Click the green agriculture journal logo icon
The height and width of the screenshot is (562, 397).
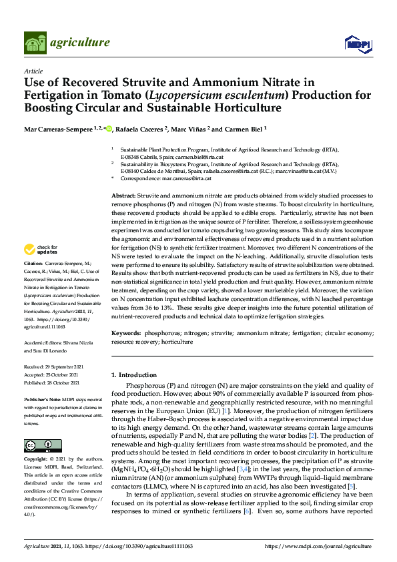[x=35, y=43]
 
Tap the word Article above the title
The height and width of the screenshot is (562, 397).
[x=33, y=70]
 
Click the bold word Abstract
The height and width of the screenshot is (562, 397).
[x=123, y=194]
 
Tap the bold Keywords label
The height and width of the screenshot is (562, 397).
[x=125, y=332]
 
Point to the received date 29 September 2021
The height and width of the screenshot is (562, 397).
[x=63, y=367]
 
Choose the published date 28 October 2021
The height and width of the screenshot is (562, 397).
[x=63, y=383]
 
